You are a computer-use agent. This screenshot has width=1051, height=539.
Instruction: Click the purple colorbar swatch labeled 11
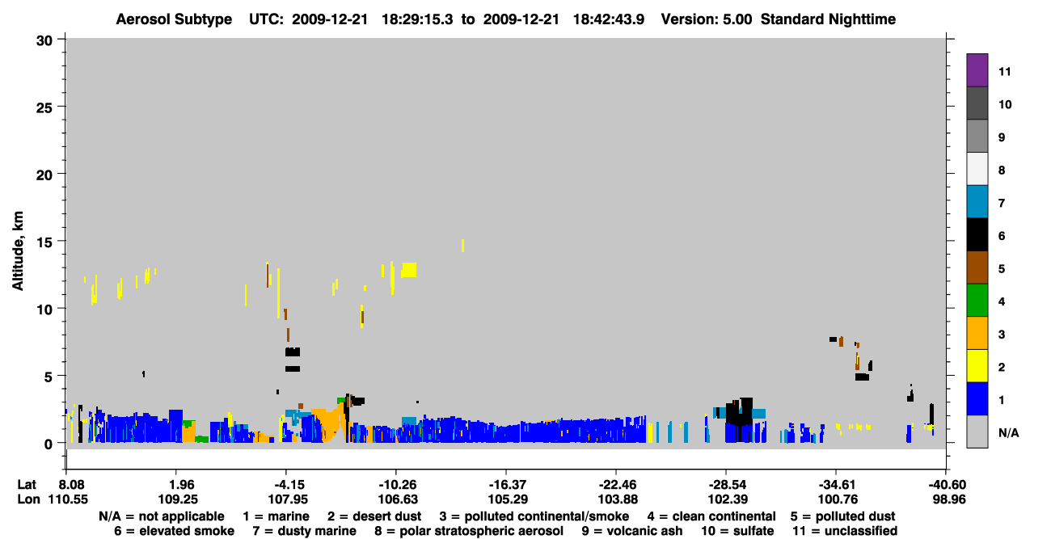pyautogui.click(x=977, y=69)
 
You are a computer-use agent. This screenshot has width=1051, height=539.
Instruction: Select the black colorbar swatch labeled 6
pyautogui.click(x=977, y=234)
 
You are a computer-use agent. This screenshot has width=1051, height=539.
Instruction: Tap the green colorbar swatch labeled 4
pyautogui.click(x=977, y=301)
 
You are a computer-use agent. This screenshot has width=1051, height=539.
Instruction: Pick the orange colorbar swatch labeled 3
pyautogui.click(x=977, y=333)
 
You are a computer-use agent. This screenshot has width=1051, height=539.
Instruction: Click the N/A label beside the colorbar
pyautogui.click(x=1008, y=432)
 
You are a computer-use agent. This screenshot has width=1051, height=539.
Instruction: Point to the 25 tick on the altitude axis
pyautogui.click(x=44, y=107)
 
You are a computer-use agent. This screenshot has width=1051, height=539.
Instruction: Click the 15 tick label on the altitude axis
pyautogui.click(x=44, y=242)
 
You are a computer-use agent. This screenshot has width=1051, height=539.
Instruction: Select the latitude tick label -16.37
pyautogui.click(x=508, y=485)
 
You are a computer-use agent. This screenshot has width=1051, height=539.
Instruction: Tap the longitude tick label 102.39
pyautogui.click(x=728, y=499)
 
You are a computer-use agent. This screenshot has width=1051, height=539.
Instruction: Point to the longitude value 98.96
pyautogui.click(x=949, y=499)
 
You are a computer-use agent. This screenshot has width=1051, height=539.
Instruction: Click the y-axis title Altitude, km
pyautogui.click(x=18, y=251)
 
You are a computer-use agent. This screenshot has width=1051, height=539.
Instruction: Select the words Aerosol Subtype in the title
pyautogui.click(x=174, y=19)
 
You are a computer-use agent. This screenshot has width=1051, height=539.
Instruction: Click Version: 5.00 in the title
pyautogui.click(x=707, y=19)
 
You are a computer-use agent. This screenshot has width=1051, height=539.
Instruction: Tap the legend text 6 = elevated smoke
pyautogui.click(x=174, y=531)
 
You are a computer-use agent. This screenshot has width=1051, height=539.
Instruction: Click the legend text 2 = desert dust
pyautogui.click(x=374, y=516)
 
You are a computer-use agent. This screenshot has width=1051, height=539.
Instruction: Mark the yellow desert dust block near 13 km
pyautogui.click(x=408, y=270)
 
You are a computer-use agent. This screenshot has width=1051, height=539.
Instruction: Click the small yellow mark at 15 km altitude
pyautogui.click(x=462, y=246)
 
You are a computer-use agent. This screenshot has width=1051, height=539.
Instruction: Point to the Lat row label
pyautogui.click(x=27, y=485)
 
